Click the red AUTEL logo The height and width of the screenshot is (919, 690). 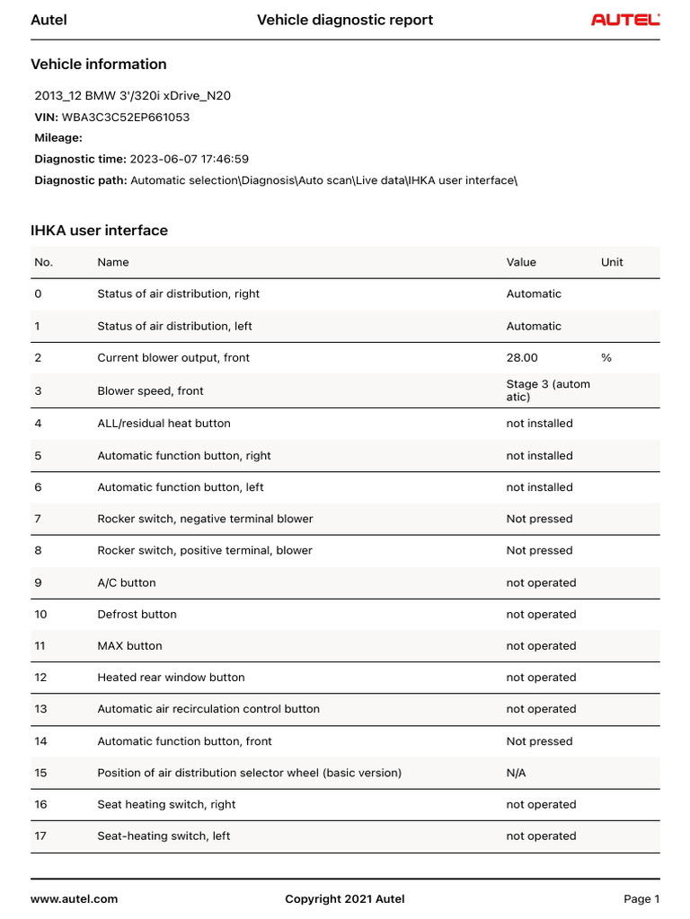625,20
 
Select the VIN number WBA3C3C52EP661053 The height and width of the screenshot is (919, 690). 126,117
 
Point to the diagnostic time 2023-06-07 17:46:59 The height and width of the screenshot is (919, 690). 190,159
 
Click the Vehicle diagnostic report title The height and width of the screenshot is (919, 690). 345,20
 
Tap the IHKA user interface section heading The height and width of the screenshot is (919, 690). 99,231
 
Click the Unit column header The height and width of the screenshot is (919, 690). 612,262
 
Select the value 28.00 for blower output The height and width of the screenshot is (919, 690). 522,357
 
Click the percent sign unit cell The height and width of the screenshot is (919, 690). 606,357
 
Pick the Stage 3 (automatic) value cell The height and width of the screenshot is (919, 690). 548,390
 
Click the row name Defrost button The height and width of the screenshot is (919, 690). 137,614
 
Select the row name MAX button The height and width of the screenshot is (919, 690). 129,645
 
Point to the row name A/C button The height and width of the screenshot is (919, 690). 127,582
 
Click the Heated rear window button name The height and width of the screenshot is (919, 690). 171,678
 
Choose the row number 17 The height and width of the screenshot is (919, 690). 40,836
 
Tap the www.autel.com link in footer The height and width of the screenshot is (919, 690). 75,898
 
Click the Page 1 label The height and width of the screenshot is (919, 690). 641,898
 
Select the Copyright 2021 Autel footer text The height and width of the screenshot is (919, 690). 345,898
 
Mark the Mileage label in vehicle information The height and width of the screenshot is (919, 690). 58,137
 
